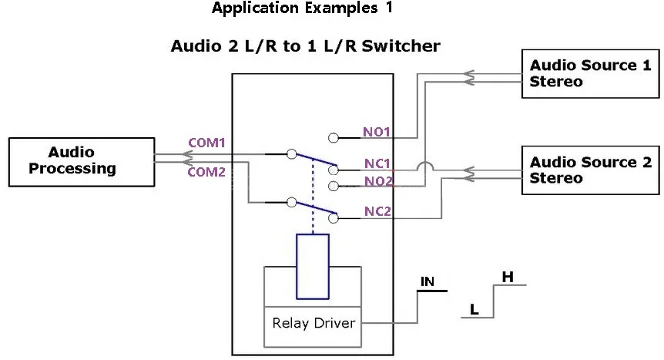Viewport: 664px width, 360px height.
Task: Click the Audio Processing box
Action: click(81, 162)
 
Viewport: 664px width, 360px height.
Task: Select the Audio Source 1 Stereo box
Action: click(590, 73)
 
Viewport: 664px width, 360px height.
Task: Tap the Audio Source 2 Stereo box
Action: click(590, 170)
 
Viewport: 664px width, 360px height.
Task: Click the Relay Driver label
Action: click(314, 323)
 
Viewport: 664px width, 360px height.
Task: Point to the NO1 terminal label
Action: click(377, 132)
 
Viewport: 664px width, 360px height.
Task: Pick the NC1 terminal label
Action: click(377, 164)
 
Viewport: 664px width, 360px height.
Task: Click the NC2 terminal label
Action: click(377, 211)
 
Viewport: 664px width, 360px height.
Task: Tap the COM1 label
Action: click(206, 143)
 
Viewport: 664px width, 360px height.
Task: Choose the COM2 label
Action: click(206, 172)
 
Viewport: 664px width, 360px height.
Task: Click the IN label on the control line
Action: click(428, 282)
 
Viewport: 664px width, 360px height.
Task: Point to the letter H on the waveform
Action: click(508, 276)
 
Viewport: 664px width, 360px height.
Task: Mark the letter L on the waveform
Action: click(475, 310)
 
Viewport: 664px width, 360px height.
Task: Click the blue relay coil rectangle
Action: click(313, 266)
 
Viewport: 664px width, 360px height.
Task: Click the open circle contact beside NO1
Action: click(333, 138)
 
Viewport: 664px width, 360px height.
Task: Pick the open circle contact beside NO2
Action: click(333, 186)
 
